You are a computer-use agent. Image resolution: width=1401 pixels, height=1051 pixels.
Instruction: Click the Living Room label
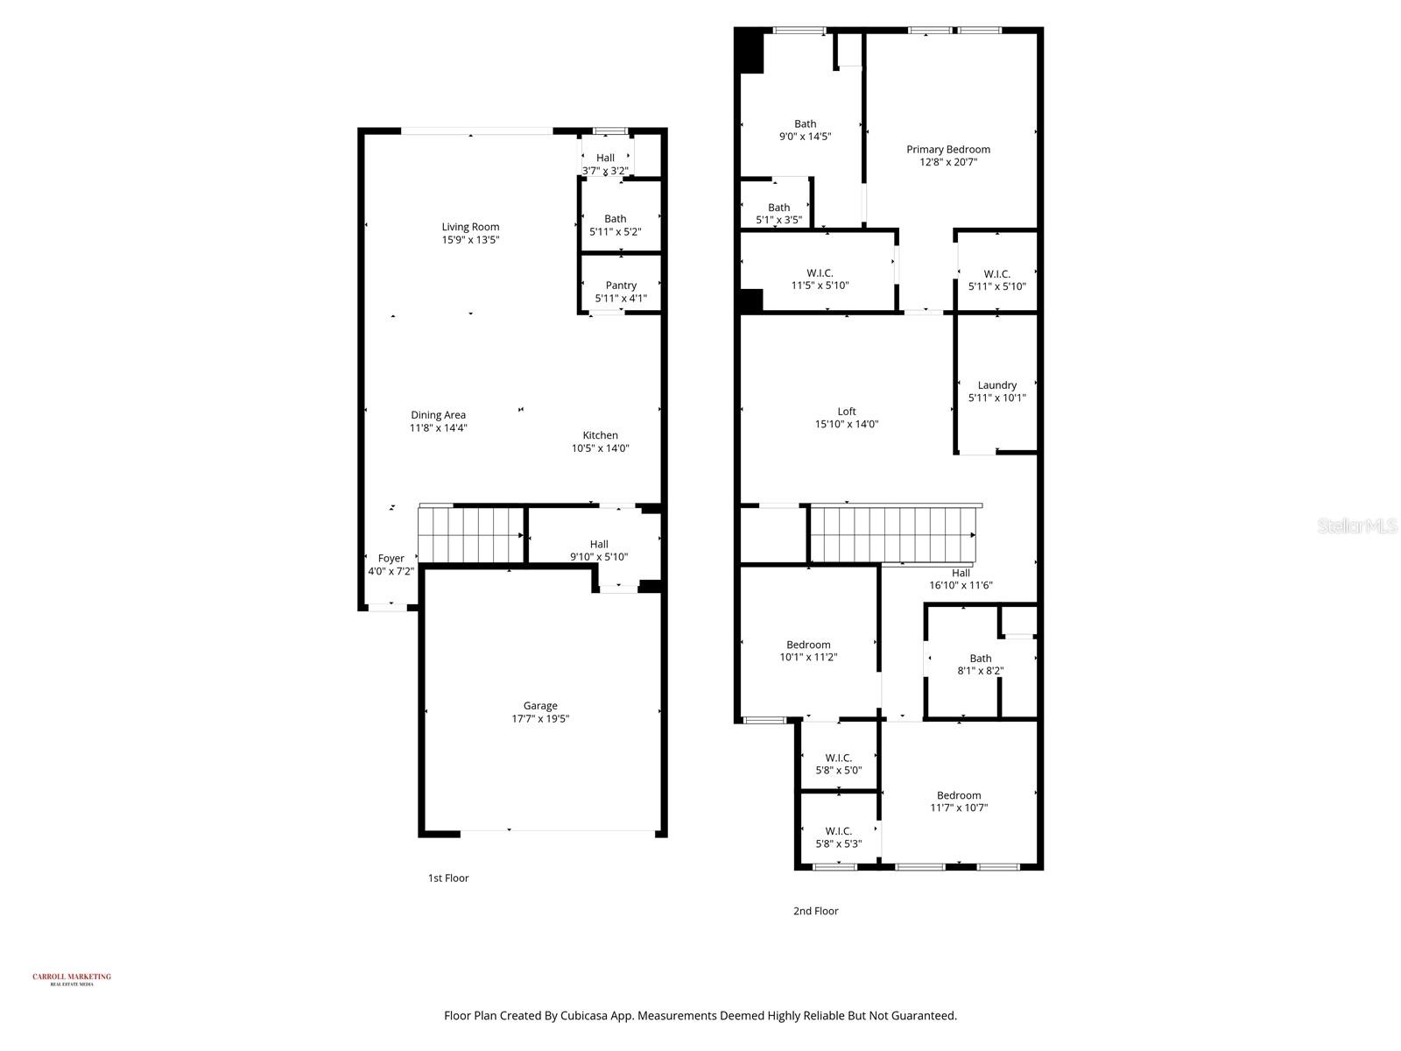pos(470,227)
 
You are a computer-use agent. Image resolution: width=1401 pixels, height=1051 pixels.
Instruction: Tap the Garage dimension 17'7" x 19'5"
pos(540,719)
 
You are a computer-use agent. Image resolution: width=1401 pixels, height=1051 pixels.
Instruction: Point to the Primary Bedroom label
pos(948,150)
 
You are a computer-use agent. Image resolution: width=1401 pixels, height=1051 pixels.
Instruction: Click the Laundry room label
pos(996,385)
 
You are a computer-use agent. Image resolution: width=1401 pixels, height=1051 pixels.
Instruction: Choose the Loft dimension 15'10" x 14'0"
pos(846,424)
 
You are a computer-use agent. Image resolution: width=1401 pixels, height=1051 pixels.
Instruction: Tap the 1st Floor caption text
pos(448,878)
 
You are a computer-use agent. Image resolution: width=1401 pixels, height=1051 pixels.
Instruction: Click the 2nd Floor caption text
pos(815,911)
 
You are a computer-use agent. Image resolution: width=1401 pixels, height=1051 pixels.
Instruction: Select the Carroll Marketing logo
pos(72,978)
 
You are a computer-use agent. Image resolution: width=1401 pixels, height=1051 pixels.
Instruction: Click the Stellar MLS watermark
pos(1356,525)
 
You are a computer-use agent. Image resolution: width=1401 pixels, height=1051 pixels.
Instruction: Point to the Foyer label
pos(391,559)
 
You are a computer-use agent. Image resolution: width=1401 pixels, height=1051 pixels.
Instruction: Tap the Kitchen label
pos(601,435)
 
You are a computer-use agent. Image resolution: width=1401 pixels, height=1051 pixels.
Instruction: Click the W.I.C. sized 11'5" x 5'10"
pos(820,279)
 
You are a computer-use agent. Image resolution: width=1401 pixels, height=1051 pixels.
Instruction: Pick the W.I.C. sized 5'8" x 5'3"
pos(838,837)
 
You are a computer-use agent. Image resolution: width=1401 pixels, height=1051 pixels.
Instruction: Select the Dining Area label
pos(438,415)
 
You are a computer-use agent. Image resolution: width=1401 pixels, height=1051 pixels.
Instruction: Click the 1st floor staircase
pos(470,536)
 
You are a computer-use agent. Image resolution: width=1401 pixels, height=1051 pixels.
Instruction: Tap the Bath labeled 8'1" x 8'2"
pos(980,665)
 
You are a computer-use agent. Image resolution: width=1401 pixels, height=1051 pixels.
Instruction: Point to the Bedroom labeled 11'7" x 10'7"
pos(959,801)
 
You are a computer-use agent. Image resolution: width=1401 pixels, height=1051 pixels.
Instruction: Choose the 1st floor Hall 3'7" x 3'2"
pos(605,164)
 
